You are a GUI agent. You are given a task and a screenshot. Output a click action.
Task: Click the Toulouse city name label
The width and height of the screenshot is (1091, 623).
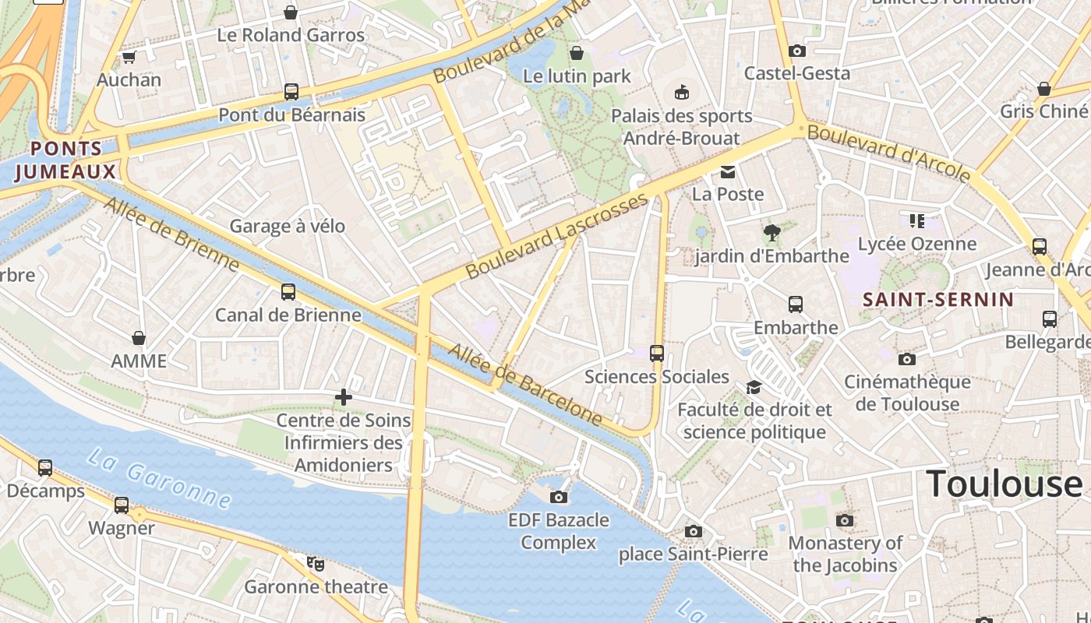click(1004, 484)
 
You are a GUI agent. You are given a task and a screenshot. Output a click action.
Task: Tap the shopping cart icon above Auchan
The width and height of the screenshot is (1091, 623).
click(129, 58)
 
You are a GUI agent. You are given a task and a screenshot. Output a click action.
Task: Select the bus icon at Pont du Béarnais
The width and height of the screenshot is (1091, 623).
click(291, 92)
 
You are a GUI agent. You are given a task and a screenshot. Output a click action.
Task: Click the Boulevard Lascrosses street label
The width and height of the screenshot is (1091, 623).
click(557, 237)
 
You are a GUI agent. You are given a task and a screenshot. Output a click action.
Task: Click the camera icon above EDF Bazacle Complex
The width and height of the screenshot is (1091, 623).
click(559, 497)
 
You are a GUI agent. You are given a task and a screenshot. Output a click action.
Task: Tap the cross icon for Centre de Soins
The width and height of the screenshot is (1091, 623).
click(343, 398)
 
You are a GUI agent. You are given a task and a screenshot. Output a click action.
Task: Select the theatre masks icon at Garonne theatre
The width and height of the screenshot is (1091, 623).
click(315, 563)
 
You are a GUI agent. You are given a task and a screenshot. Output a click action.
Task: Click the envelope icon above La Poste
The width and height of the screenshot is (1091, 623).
click(727, 172)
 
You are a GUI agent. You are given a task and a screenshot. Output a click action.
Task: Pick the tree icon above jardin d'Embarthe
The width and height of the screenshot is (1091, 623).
click(771, 232)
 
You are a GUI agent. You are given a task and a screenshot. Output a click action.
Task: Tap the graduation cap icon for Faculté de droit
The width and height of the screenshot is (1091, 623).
click(754, 387)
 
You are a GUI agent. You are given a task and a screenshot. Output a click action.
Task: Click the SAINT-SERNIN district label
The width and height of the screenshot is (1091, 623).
click(938, 300)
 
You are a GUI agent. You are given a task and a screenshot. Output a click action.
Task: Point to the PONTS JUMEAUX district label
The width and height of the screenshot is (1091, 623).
click(65, 160)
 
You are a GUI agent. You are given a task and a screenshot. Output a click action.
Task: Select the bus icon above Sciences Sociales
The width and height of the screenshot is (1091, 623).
click(657, 354)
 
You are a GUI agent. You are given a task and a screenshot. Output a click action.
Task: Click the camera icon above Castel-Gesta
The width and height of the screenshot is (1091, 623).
click(796, 51)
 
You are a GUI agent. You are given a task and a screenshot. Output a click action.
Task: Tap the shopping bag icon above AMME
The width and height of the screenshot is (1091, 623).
click(139, 338)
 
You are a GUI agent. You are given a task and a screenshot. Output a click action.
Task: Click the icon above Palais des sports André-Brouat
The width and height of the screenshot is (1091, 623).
click(682, 93)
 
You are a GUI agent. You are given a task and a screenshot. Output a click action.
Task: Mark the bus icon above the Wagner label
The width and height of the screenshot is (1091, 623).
click(122, 505)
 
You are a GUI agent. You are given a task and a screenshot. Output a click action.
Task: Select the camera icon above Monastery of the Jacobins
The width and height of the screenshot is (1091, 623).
click(845, 520)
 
